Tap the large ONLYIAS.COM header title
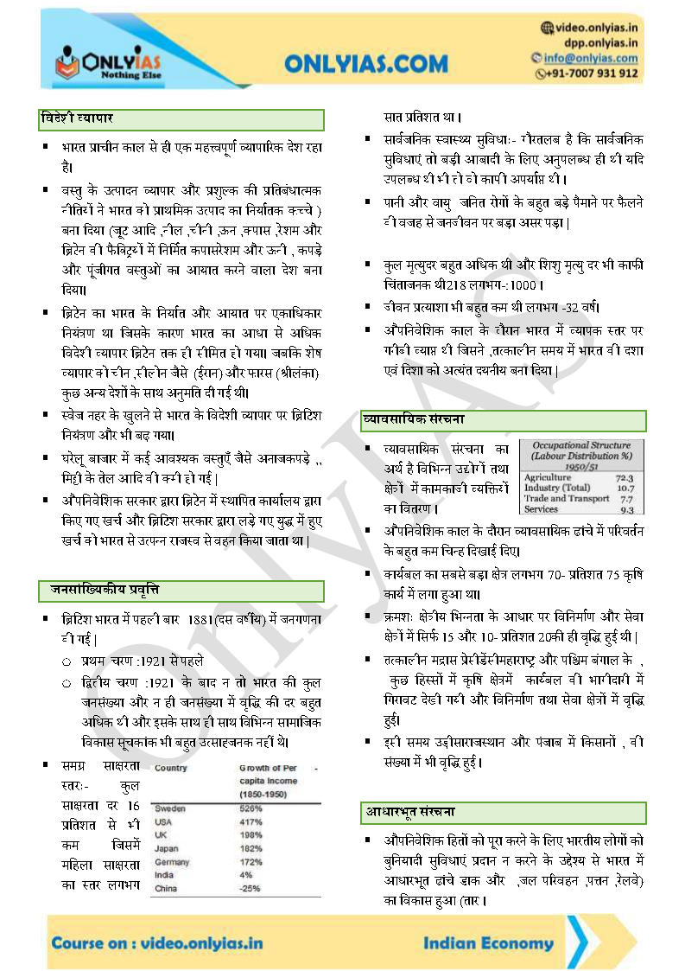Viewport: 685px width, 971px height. pos(366,63)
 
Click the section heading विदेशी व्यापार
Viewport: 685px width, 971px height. pos(77,118)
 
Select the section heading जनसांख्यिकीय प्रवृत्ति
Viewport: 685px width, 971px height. pos(100,591)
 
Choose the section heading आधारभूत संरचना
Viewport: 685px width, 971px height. pos(409,812)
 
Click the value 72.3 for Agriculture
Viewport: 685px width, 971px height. pos(624,477)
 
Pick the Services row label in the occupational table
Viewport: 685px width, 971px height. pos(542,509)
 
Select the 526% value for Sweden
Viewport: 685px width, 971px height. pos(251,808)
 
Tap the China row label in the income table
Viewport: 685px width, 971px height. pos(166,888)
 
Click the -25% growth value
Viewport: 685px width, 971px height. pos(251,888)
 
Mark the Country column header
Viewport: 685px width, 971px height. pos(171,768)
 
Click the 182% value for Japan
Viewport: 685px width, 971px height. pos(251,848)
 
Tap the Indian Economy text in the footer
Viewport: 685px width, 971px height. pos(488,943)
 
